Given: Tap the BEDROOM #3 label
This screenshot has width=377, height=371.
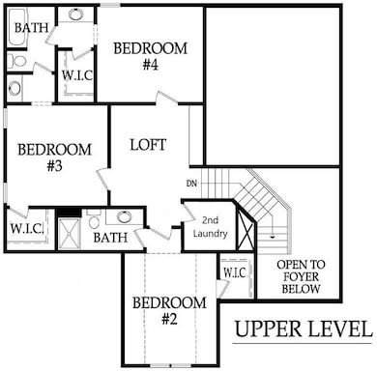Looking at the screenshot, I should pos(54,159).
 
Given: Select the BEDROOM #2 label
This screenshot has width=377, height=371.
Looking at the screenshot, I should pos(169,313).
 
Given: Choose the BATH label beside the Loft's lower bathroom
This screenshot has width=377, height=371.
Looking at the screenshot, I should pos(109,237).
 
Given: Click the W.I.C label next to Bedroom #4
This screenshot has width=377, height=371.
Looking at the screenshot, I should pos(75,73).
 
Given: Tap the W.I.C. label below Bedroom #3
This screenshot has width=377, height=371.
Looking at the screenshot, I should pos(26,229).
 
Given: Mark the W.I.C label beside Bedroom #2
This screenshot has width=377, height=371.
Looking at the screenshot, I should pos(234,273).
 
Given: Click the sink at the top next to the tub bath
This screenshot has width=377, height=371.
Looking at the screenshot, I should pos(73,16).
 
